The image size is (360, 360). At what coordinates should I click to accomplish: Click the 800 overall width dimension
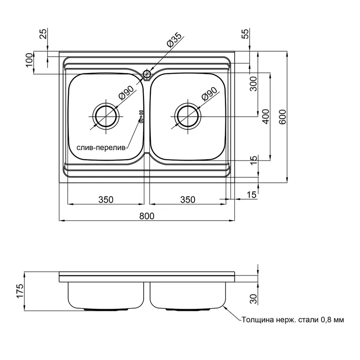(147, 216)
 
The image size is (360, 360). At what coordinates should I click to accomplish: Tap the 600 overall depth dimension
(283, 117)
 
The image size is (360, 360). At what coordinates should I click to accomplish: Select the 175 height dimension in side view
(20, 291)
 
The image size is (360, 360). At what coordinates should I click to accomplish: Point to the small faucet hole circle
(147, 74)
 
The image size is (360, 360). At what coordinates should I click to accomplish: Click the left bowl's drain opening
(106, 117)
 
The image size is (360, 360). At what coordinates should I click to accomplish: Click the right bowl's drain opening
(188, 117)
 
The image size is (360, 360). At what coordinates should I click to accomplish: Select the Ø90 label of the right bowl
(209, 94)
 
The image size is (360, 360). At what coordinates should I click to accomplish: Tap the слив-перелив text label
(101, 148)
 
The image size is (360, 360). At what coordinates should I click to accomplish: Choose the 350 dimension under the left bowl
(106, 200)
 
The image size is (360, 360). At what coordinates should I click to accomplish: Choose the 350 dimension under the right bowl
(188, 200)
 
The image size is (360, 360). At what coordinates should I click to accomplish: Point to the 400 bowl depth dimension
(266, 116)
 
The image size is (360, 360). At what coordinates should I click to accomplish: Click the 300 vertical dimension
(253, 84)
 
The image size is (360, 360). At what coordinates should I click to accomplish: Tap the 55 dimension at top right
(246, 34)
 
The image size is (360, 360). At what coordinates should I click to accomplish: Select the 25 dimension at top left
(43, 34)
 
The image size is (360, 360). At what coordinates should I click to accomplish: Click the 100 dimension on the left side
(29, 60)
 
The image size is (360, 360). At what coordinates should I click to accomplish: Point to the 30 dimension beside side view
(254, 299)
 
